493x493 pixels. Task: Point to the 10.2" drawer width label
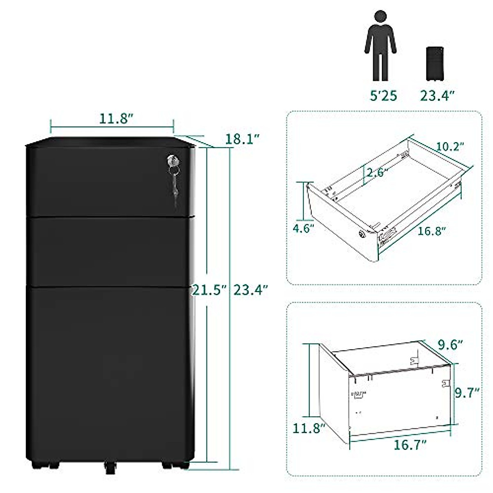(x=449, y=147)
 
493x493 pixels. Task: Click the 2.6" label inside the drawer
(x=378, y=173)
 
